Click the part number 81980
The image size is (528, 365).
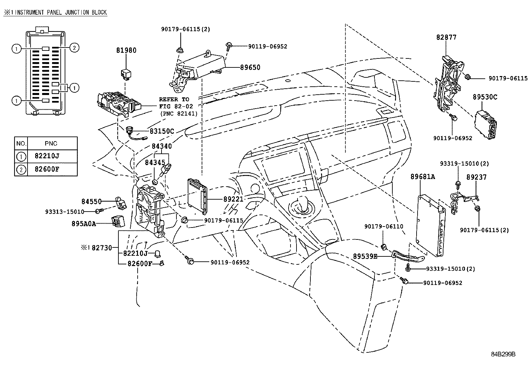[x=126, y=50]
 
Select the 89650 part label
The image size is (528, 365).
[x=250, y=67]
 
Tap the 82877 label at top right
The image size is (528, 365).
[x=446, y=38]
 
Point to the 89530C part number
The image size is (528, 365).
[x=485, y=97]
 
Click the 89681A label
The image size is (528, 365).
[x=423, y=177]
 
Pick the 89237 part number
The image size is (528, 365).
[x=476, y=177]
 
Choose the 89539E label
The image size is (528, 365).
[x=365, y=256]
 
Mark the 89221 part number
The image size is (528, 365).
[x=233, y=199]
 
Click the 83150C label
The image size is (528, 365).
[x=162, y=131]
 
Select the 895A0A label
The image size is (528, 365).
[x=84, y=224]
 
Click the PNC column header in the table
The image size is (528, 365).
[x=51, y=143]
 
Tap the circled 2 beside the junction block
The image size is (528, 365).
[x=75, y=48]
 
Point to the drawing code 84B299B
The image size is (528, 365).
[x=503, y=354]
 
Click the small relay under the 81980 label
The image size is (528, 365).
[x=125, y=74]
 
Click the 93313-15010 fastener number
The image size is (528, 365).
[x=65, y=212]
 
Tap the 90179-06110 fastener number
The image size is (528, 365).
[x=383, y=227]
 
